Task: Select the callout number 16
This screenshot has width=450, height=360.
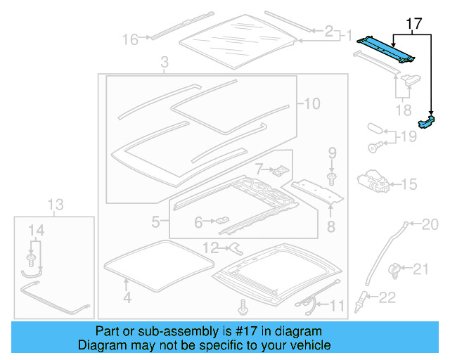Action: click(130, 39)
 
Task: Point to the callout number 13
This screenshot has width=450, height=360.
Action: click(56, 205)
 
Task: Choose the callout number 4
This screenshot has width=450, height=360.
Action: click(127, 297)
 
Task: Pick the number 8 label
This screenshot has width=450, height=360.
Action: click(330, 226)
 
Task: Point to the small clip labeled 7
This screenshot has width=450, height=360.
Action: click(280, 170)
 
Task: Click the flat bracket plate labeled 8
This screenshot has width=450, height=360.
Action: click(316, 191)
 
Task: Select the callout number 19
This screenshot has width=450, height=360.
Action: click(409, 136)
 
